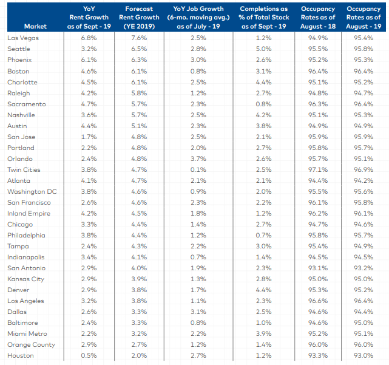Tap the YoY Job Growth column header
[x=198, y=18]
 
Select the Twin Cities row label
[x=24, y=169]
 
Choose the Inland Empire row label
[x=29, y=213]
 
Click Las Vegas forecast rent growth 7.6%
[x=139, y=38]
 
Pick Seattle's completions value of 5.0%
[x=263, y=49]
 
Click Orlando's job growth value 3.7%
[x=198, y=159]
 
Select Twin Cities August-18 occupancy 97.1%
[x=318, y=169]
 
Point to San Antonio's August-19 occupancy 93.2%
[x=364, y=268]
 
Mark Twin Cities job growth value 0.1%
[x=198, y=169]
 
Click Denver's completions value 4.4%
[x=263, y=290]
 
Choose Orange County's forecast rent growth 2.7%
[x=139, y=344]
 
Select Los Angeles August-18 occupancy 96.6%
[x=318, y=301]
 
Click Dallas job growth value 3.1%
[x=198, y=312]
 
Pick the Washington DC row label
[x=32, y=191]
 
